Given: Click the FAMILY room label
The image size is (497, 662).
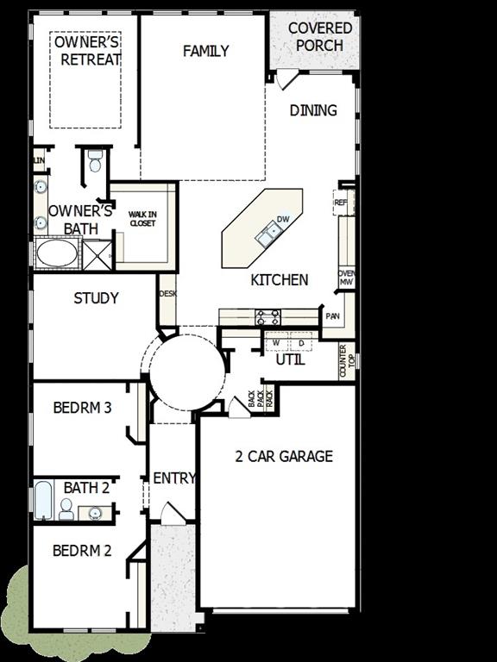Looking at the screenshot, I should click(206, 52).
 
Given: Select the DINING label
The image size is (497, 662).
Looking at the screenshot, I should click(312, 110).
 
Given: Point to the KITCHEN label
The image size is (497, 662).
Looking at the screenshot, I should click(279, 280).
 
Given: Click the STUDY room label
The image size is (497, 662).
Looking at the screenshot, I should click(96, 299).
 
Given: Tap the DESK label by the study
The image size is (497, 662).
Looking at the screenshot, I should click(167, 294).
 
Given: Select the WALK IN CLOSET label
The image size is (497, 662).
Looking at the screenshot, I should click(142, 219).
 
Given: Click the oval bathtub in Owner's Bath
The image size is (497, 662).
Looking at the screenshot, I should click(57, 254).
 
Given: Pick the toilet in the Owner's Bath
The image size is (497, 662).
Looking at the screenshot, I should click(96, 161).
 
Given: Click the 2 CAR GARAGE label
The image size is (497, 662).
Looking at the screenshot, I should click(283, 457).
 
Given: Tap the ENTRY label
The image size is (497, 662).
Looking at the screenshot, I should click(173, 478).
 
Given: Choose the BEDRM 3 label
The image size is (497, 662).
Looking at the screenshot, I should click(82, 408).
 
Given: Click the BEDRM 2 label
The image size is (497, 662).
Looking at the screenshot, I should click(82, 551).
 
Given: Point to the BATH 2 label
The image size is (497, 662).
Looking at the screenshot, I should click(86, 488).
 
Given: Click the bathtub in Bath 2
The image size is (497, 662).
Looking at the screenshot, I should click(43, 502).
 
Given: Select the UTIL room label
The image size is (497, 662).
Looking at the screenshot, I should click(290, 360).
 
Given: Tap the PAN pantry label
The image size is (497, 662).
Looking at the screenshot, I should click(332, 316).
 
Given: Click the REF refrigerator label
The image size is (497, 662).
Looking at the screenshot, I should click(340, 203).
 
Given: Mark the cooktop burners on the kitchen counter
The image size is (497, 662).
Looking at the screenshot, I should click(267, 318).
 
